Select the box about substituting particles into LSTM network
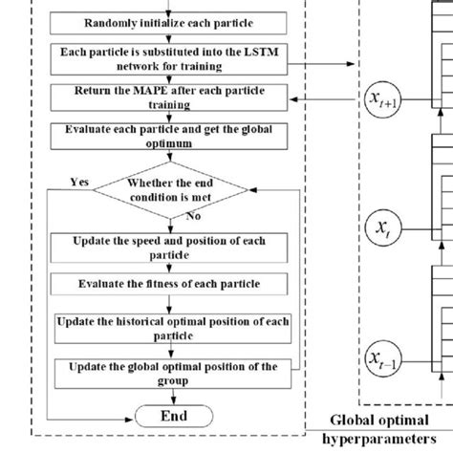click(169, 58)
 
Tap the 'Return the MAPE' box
click(169, 97)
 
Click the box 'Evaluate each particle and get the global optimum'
click(169, 136)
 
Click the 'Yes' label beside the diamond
click(80, 180)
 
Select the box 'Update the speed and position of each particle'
click(169, 247)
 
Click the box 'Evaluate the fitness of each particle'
click(169, 284)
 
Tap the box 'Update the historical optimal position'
click(169, 328)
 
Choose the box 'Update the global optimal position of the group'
click(169, 373)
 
